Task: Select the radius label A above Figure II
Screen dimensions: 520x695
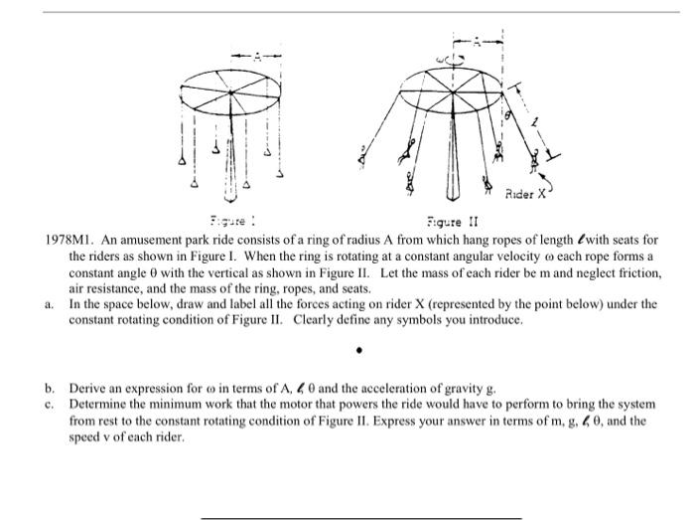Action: coord(478,41)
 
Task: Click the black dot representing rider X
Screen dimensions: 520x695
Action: coord(361,351)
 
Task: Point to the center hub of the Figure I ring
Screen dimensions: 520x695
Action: coord(231,92)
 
